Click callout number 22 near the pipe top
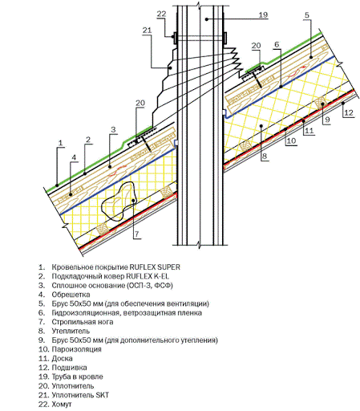tap(161, 14)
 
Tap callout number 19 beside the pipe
tap(263, 15)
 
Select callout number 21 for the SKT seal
tap(147, 31)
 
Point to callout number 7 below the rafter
tap(136, 234)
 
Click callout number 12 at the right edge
tap(349, 112)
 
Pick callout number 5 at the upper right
tap(307, 15)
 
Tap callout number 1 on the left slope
tap(61, 143)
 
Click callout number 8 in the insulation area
tap(265, 156)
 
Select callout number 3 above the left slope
tap(113, 130)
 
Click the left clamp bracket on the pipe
tap(175, 38)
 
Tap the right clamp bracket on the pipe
tap(225, 38)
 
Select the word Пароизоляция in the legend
tap(77, 349)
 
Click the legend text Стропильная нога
tap(83, 322)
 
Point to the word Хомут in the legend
tap(62, 404)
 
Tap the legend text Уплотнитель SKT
tap(80, 395)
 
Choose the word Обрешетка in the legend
tap(71, 295)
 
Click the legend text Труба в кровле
tap(77, 376)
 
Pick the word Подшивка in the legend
tap(69, 368)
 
